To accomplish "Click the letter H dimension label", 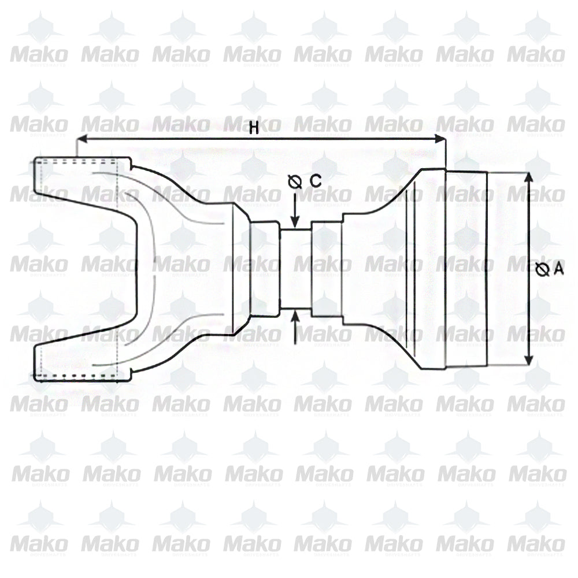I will tap(253, 129).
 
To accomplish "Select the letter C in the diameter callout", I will tap(315, 181).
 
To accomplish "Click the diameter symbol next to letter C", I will tap(295, 183).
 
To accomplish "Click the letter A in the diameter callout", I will tap(558, 269).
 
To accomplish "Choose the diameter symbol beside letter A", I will tap(542, 269).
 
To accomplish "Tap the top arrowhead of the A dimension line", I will tap(528, 177).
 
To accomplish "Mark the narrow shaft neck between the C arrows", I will tap(295, 269).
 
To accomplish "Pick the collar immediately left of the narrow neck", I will tap(265, 269).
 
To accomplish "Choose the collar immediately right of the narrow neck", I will tap(327, 269).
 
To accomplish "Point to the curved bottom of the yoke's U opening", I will tap(139, 269).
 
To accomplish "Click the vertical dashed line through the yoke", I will tap(118, 269).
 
